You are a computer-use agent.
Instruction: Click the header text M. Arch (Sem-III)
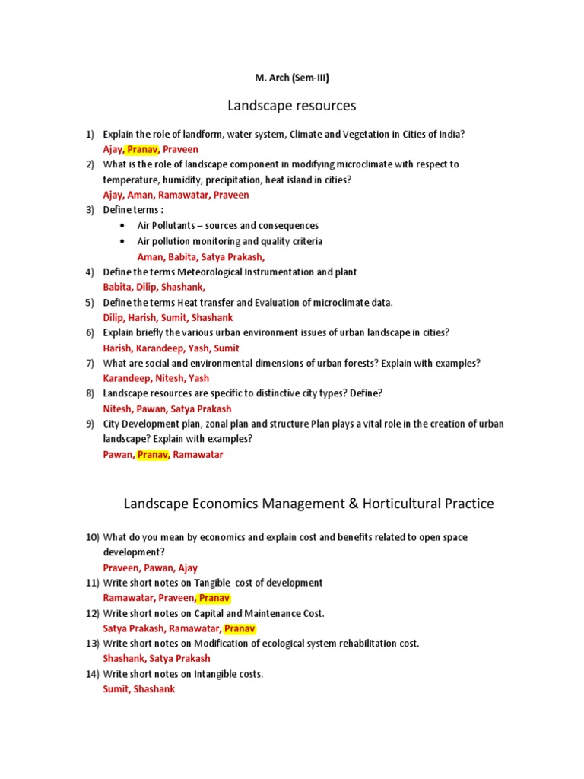(x=292, y=77)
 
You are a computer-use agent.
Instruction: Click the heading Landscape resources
(x=292, y=105)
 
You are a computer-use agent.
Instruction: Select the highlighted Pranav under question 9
(x=152, y=455)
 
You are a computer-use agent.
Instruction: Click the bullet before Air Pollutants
(x=122, y=226)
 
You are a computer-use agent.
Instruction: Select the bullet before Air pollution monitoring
(x=122, y=241)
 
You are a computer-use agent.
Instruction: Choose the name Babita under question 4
(x=118, y=287)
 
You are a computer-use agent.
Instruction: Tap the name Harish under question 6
(x=118, y=348)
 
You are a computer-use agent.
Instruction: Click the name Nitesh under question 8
(x=118, y=409)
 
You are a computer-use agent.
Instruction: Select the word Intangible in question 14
(x=217, y=674)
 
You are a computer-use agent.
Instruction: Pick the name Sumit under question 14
(x=116, y=689)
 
